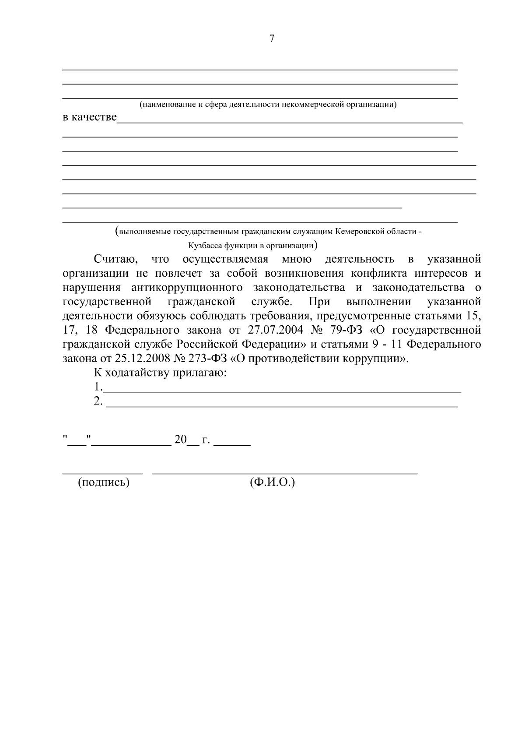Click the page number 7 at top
[271, 39]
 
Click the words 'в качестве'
[90, 117]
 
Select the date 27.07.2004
[276, 330]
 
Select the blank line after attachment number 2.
[282, 407]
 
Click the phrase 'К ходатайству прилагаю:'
[160, 373]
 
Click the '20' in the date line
[180, 440]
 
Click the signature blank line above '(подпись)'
[103, 473]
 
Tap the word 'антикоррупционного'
[187, 288]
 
